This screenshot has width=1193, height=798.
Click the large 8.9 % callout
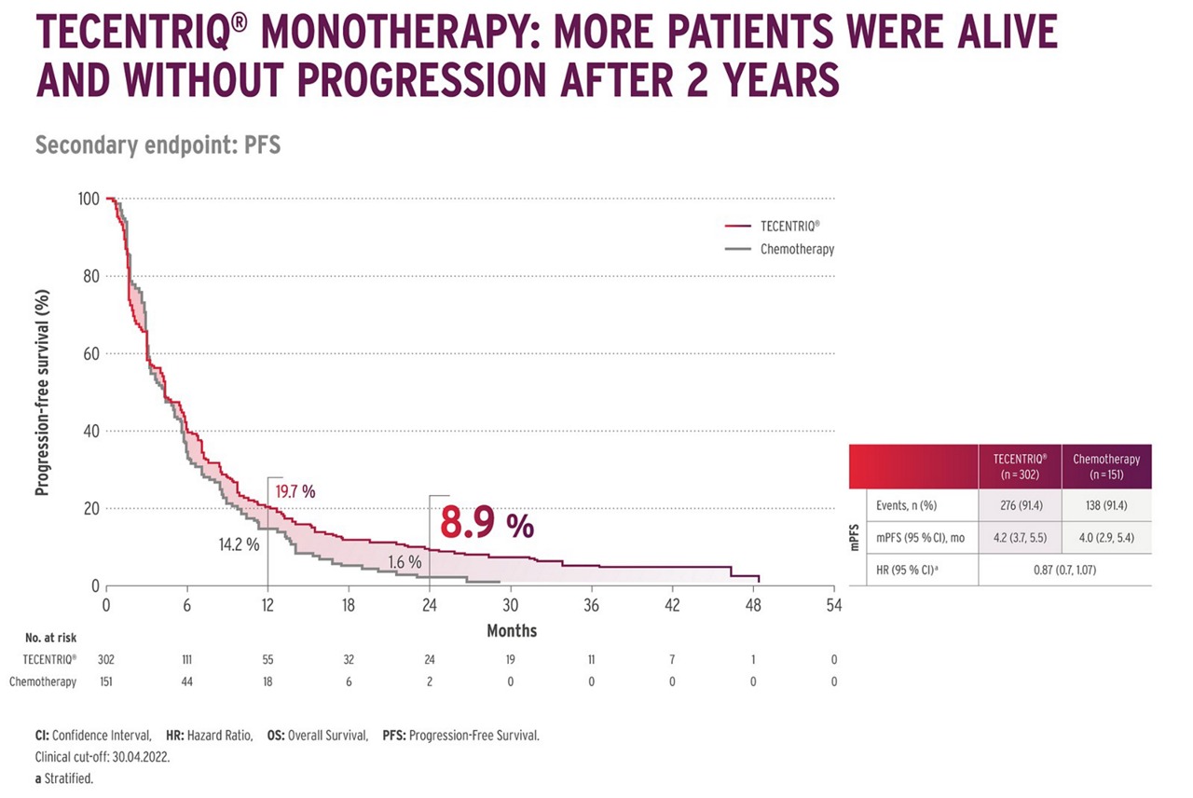point(487,525)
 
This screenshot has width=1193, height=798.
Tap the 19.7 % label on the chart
point(295,490)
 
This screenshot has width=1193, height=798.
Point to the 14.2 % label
point(239,543)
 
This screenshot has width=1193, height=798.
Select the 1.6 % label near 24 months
point(405,562)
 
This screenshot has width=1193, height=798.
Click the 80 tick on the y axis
point(89,276)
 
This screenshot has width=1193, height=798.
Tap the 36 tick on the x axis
point(592,605)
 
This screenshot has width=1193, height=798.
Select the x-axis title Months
point(511,631)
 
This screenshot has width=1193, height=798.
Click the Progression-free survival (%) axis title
point(42,392)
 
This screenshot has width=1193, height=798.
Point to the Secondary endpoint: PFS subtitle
point(158,145)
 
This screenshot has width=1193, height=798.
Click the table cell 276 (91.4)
point(1020,506)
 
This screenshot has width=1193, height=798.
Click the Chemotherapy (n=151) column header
point(1106,465)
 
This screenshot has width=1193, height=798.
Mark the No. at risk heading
point(50,639)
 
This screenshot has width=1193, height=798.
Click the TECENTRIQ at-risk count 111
point(186,660)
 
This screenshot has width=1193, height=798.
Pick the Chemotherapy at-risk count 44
point(186,681)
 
